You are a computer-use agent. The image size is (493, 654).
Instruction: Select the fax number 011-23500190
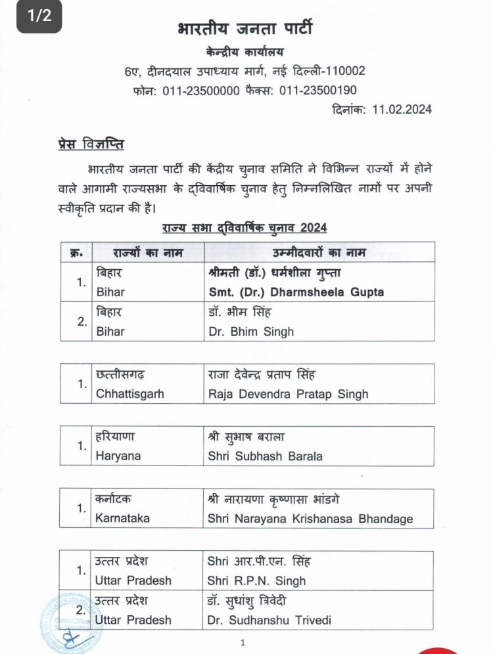pos(318,91)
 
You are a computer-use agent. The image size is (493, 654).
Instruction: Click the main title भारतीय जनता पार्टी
pos(245,30)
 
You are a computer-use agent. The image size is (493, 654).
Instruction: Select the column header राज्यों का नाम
pos(148,253)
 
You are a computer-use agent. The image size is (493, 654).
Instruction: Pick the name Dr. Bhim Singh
pos(250,331)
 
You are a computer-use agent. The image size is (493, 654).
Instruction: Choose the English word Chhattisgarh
pos(130,393)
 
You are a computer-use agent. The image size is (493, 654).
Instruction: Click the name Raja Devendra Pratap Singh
pos(287,393)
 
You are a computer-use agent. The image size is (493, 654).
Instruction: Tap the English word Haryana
pos(118,456)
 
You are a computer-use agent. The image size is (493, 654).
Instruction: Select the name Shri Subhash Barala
pos(264,456)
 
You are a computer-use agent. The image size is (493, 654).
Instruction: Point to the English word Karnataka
pos(122,518)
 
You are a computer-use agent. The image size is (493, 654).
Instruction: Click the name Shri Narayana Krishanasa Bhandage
pos(310,518)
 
